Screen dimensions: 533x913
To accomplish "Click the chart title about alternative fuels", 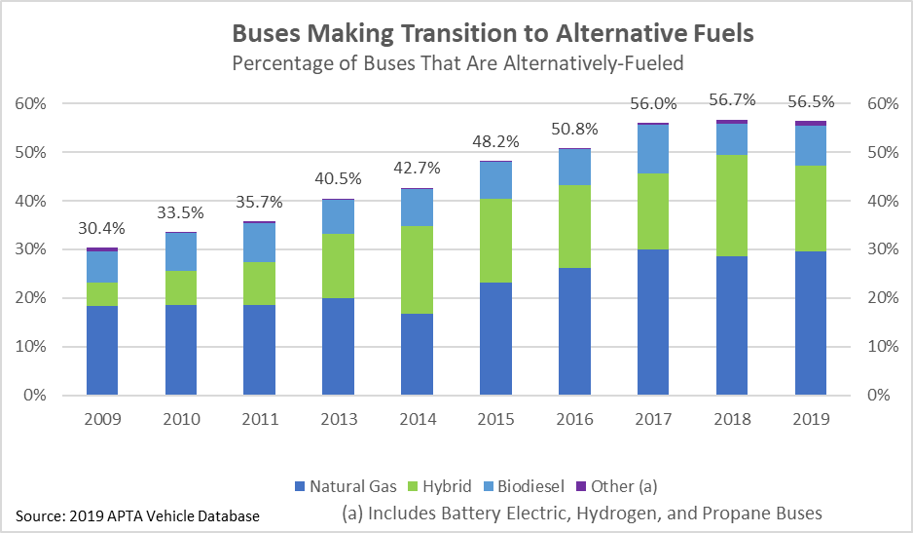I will click(x=492, y=34).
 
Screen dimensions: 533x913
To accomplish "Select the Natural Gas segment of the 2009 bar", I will click(x=101, y=350).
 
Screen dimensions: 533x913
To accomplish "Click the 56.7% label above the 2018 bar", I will click(x=732, y=101).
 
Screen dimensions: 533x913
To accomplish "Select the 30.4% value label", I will click(x=101, y=230).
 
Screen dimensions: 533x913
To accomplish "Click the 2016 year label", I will click(x=574, y=420).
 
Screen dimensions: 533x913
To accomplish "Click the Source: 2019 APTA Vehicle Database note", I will click(x=138, y=514).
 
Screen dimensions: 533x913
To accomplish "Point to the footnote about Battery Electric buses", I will click(x=583, y=513).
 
